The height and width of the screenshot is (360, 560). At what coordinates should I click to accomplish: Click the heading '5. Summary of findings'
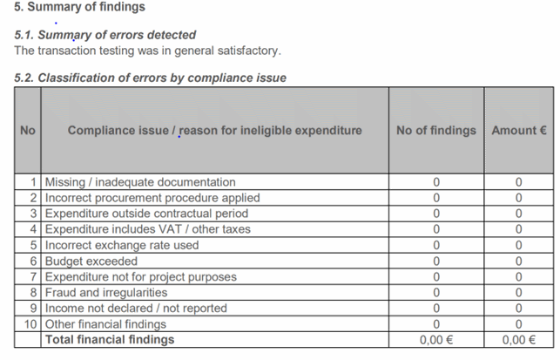(79, 7)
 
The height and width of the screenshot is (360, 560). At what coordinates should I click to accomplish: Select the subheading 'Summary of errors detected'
(117, 35)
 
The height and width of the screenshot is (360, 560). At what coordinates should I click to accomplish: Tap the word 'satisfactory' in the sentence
(247, 51)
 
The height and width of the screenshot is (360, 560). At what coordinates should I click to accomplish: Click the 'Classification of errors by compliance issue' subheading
(162, 78)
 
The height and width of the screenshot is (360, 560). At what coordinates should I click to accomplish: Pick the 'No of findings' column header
(436, 131)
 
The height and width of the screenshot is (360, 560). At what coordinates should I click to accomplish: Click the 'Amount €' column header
(519, 131)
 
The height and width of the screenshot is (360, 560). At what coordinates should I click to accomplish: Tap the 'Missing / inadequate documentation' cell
(140, 182)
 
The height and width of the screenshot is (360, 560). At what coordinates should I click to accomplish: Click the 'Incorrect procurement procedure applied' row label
(152, 198)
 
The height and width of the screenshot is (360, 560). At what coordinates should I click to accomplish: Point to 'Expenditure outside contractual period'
(146, 214)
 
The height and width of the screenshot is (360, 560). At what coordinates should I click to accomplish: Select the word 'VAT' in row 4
(171, 229)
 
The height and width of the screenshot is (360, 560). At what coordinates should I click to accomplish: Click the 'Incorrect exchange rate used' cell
(122, 245)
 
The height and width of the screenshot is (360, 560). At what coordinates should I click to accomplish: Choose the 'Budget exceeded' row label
(91, 262)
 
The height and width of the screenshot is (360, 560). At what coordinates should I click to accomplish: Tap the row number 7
(33, 277)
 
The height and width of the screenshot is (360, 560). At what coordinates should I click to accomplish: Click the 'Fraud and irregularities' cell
(106, 293)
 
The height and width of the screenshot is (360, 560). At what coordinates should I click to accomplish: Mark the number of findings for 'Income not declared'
(436, 309)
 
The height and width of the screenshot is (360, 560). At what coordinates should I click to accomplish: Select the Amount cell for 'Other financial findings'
(519, 324)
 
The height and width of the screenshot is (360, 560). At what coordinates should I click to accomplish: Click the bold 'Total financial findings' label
(110, 340)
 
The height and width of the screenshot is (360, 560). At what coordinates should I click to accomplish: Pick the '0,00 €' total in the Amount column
(519, 340)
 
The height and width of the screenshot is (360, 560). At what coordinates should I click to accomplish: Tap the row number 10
(30, 324)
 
